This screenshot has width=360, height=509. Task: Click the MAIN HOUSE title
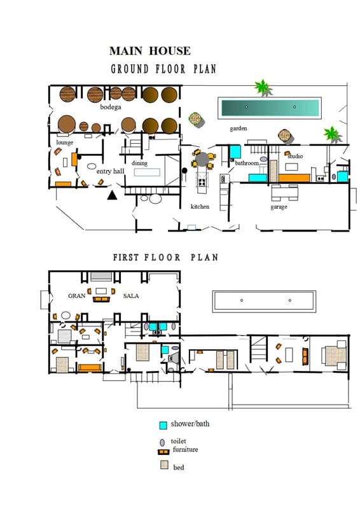tap(149, 51)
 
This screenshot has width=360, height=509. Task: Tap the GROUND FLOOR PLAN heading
tap(163, 69)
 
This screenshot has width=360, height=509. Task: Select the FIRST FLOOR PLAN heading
tap(165, 258)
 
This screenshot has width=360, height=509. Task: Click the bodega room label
tap(110, 108)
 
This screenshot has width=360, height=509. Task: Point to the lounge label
tap(64, 143)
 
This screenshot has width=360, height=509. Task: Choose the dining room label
tap(139, 163)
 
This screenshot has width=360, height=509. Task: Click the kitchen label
tap(200, 207)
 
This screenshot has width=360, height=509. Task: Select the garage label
tap(279, 207)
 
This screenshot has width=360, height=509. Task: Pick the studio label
tap(295, 156)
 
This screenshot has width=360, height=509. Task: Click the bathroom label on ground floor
tap(247, 164)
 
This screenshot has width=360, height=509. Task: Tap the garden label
tap(239, 129)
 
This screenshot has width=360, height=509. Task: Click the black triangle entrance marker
tap(113, 195)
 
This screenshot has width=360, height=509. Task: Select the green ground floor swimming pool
tap(269, 108)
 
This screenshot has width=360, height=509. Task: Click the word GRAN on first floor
tap(77, 296)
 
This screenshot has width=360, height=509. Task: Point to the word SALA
tap(131, 296)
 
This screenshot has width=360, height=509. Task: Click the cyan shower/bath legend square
tap(163, 425)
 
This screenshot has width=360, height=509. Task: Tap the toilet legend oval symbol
tap(162, 442)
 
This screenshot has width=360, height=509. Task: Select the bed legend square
tap(163, 466)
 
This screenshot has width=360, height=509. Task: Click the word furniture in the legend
tap(185, 450)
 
